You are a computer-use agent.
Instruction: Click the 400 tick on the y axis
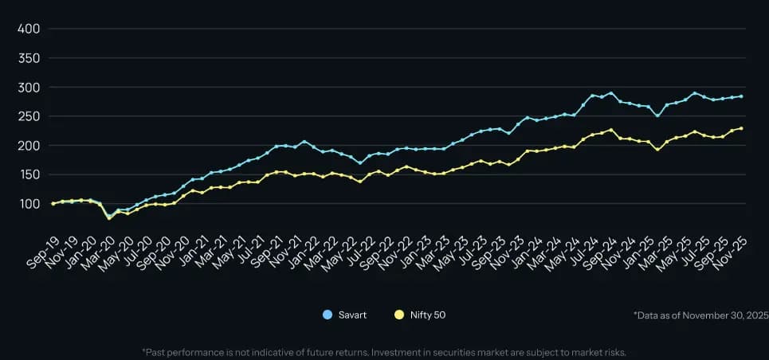(x=29, y=29)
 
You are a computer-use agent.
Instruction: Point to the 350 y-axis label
(x=29, y=58)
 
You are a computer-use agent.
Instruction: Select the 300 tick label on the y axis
(x=29, y=88)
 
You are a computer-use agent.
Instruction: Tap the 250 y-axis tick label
(x=29, y=116)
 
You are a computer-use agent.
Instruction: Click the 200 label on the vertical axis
(x=29, y=146)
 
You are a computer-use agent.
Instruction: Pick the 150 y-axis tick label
(x=29, y=175)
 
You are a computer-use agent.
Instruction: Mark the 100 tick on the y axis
(x=29, y=204)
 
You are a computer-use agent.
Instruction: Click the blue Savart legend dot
(x=328, y=315)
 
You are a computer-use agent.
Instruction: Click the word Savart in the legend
(x=351, y=315)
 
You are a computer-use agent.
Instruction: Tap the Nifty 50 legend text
(x=427, y=315)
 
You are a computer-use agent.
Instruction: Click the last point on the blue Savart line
(x=741, y=96)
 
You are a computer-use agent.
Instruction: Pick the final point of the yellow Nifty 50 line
(x=741, y=128)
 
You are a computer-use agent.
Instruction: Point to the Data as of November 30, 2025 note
(x=700, y=315)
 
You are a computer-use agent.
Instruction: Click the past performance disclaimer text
(x=384, y=351)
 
